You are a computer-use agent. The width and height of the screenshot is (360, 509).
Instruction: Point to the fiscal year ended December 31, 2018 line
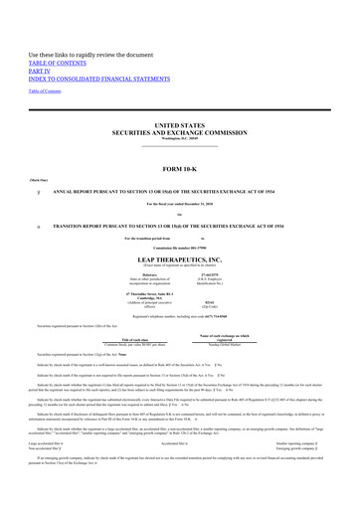[180, 204]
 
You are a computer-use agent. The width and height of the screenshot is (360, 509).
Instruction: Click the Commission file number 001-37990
[180, 248]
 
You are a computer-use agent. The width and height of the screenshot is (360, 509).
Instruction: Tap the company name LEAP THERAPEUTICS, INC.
[179, 256]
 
